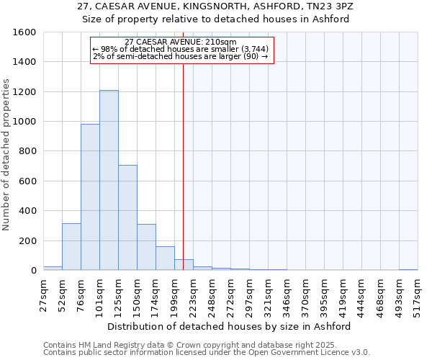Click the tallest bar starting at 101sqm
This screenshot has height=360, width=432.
pos(109,180)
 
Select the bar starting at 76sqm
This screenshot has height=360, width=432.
pos(90,197)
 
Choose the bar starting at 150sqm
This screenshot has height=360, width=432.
pos(146,247)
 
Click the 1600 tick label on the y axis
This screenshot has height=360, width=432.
pos(24,32)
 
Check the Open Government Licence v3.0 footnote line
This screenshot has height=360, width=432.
pos(206,352)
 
